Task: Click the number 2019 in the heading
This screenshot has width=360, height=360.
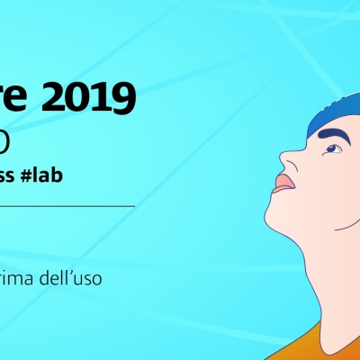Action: pos(97,97)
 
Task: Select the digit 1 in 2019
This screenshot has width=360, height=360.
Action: pos(106,97)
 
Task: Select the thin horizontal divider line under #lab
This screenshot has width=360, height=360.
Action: pos(67,206)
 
